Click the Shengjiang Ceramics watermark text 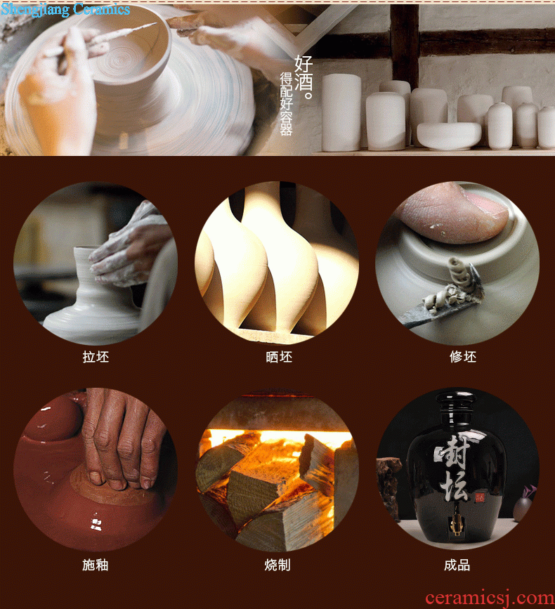click(x=65, y=9)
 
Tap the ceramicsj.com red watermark click(x=490, y=597)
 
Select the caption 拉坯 click(x=96, y=357)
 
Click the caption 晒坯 click(x=279, y=357)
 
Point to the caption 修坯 click(x=463, y=357)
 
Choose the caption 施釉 click(x=95, y=565)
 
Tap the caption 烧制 click(x=277, y=565)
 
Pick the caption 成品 click(x=457, y=565)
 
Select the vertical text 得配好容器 click(x=286, y=104)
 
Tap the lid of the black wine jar click(x=455, y=402)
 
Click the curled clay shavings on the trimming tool click(x=458, y=284)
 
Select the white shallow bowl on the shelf click(x=449, y=136)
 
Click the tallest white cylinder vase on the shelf click(x=341, y=112)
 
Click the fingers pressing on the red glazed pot click(x=122, y=439)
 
